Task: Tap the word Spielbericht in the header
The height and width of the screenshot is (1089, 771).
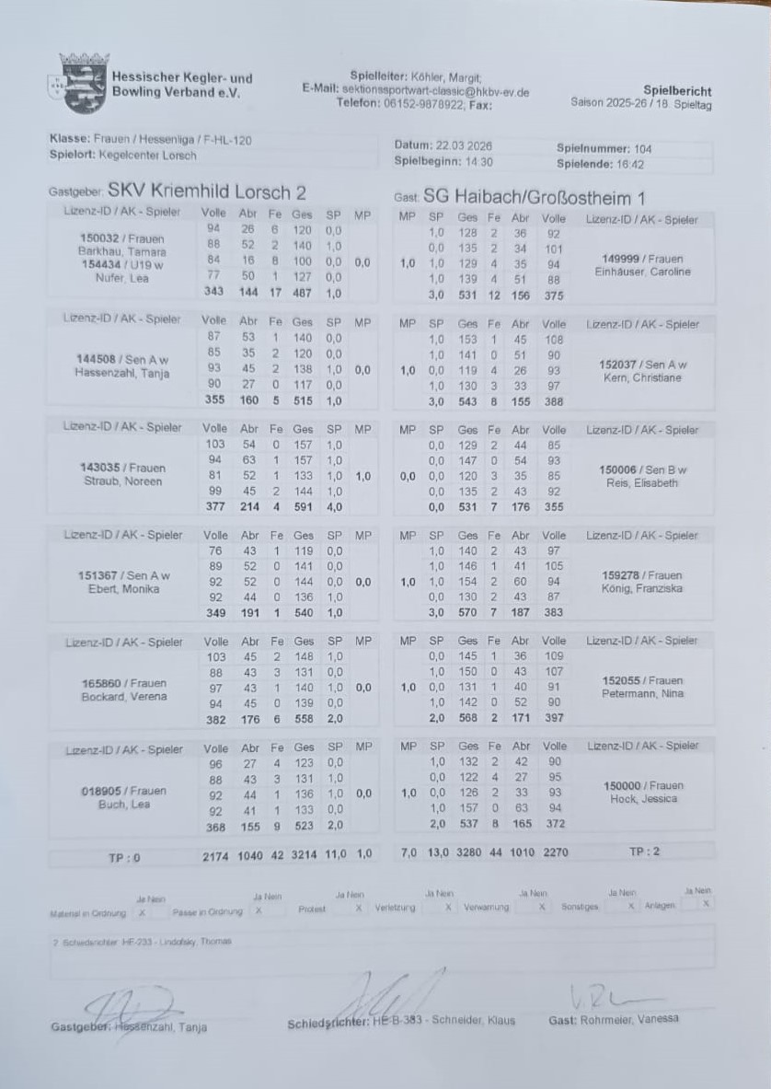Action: [x=677, y=91]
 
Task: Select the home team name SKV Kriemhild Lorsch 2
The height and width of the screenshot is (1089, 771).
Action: [x=207, y=192]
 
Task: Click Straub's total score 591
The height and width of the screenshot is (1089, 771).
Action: [x=303, y=505]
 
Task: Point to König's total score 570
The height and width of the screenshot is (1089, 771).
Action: [x=467, y=612]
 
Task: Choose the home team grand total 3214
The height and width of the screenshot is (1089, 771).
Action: [x=303, y=855]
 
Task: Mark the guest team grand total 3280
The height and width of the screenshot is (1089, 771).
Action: [x=468, y=853]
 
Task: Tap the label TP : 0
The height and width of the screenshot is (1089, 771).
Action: [x=124, y=857]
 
